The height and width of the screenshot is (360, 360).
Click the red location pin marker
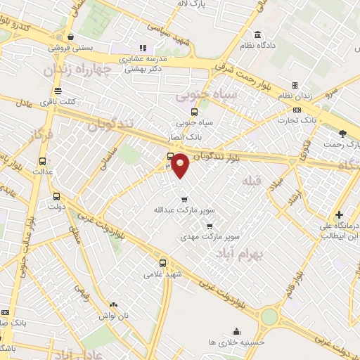181,165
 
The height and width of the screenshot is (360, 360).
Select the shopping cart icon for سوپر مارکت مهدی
210,226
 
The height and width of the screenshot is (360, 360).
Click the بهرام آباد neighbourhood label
239,251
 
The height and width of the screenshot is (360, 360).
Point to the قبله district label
252,182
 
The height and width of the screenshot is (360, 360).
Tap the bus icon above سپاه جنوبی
195,111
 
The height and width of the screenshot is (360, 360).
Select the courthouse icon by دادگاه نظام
258,34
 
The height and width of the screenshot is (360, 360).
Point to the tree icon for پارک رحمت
342,133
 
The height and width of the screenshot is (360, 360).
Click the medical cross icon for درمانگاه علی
340,214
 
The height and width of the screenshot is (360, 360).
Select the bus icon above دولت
56,177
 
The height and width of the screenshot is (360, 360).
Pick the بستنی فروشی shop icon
70,37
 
